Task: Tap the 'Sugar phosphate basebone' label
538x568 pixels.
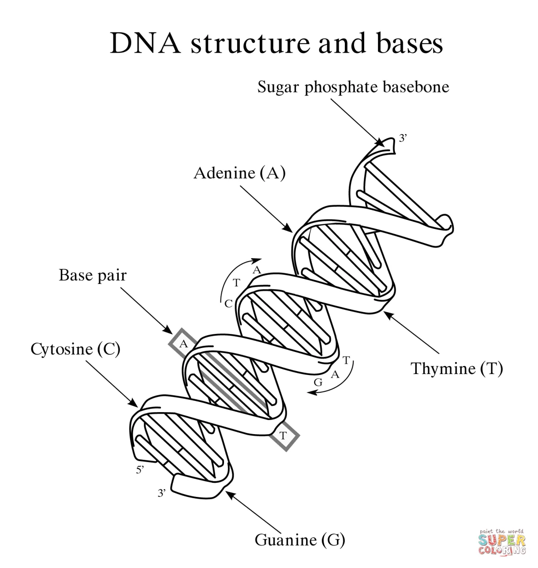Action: click(353, 87)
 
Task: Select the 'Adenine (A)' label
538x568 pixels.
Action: click(239, 173)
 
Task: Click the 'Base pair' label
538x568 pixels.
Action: click(93, 275)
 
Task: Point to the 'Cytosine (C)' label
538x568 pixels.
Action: click(75, 349)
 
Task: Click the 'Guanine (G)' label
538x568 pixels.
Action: click(300, 540)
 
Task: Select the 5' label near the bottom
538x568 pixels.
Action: click(140, 470)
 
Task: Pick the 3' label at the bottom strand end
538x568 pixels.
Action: click(162, 493)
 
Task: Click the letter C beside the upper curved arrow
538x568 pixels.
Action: click(228, 303)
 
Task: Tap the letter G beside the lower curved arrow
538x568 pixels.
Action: click(318, 382)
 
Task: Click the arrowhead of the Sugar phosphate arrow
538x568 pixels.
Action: click(380, 142)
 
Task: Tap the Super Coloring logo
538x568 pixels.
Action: click(501, 541)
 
